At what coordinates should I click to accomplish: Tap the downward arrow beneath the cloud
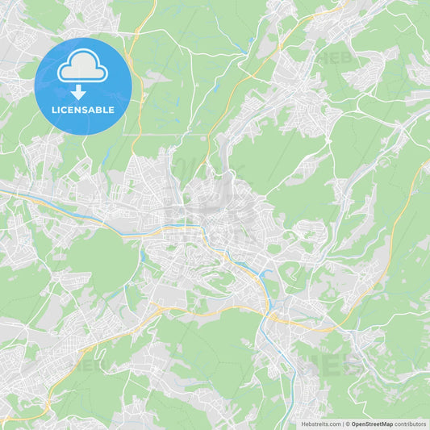click(78, 93)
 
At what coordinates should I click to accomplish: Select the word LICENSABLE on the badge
click(82, 109)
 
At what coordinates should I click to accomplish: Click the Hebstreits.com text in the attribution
click(321, 424)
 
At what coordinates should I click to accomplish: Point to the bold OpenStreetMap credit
click(371, 424)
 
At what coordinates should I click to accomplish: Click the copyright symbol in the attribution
click(347, 424)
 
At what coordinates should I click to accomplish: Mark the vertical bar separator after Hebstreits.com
click(342, 424)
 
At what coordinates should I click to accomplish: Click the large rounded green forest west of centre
click(101, 258)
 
